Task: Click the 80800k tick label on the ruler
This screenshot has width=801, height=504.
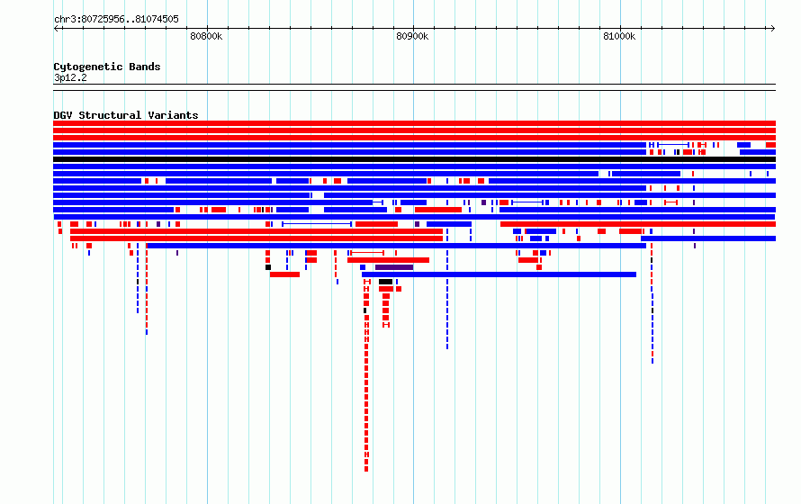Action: pyautogui.click(x=206, y=36)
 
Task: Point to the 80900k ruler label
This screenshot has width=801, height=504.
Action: pyautogui.click(x=412, y=36)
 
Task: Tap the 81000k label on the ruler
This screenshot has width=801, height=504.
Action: pyautogui.click(x=619, y=36)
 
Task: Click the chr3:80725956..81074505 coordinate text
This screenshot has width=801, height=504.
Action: pyautogui.click(x=116, y=20)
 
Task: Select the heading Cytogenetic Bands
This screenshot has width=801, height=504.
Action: pyautogui.click(x=107, y=67)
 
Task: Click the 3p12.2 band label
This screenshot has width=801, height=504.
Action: pyautogui.click(x=70, y=77)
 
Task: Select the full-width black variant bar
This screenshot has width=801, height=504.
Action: pyautogui.click(x=414, y=159)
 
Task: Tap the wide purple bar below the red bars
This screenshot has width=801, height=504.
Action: pyautogui.click(x=394, y=267)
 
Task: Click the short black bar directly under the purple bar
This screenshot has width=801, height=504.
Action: pyautogui.click(x=386, y=282)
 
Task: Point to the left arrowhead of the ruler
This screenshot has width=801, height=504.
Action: pyautogui.click(x=56, y=29)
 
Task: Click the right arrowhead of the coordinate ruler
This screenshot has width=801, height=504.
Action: pyautogui.click(x=773, y=29)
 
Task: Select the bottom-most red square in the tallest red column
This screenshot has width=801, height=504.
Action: pyautogui.click(x=366, y=469)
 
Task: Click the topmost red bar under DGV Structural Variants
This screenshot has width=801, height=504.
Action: pyautogui.click(x=414, y=123)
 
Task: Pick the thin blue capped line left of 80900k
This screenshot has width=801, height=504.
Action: pyautogui.click(x=316, y=224)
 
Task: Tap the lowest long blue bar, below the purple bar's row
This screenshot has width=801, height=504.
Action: pyautogui.click(x=499, y=274)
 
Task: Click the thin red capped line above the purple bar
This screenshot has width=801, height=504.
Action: pyautogui.click(x=367, y=253)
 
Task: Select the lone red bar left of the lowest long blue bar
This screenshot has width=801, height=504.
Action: pyautogui.click(x=284, y=274)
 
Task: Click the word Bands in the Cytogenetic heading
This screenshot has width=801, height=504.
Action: pyautogui.click(x=145, y=67)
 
